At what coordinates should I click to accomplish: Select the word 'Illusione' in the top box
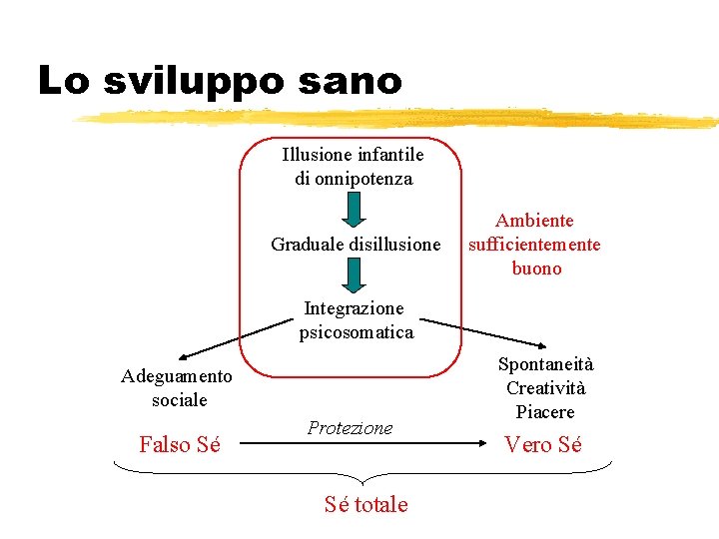[x=319, y=155]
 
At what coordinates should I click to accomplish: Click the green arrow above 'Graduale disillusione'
[x=354, y=211]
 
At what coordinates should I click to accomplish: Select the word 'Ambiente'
[x=535, y=221]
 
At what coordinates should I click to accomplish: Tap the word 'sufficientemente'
[x=535, y=245]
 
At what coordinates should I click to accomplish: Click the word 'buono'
[x=536, y=269]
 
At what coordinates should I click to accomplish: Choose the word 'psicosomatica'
[x=356, y=332]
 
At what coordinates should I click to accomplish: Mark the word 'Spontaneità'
[x=545, y=364]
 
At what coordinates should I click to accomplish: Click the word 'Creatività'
[x=545, y=388]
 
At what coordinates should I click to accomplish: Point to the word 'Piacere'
[x=545, y=412]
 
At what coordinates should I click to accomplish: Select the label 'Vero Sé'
[x=543, y=445]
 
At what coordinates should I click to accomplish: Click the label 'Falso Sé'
[x=180, y=445]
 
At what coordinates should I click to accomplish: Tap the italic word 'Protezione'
[x=351, y=428]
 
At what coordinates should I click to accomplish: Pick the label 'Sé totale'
[x=365, y=504]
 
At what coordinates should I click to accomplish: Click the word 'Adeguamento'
[x=177, y=376]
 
